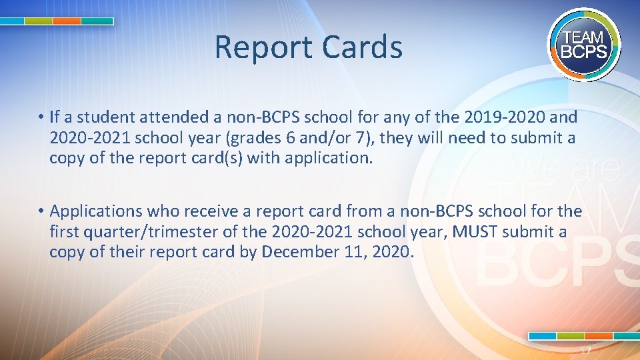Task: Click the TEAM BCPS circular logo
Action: tap(585, 45)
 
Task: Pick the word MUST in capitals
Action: tap(475, 231)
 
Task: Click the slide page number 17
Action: tap(585, 351)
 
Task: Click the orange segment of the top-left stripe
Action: tap(67, 21)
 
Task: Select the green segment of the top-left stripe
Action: tap(38, 21)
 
